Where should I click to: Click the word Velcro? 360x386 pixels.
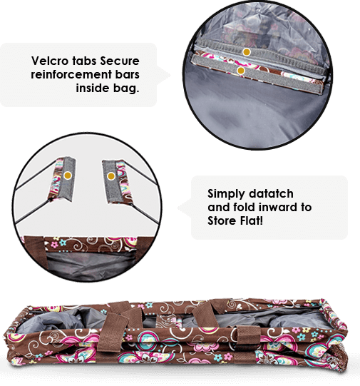[50, 61]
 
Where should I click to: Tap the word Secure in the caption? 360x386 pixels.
[120, 61]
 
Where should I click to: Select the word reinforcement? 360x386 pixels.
[71, 74]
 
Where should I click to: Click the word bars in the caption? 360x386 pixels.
[128, 74]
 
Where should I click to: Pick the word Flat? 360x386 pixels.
[252, 220]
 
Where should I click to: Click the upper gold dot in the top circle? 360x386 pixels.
[247, 52]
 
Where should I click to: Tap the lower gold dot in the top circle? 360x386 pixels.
[241, 71]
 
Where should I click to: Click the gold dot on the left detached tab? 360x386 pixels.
[68, 176]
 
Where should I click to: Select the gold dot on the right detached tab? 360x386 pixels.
[111, 176]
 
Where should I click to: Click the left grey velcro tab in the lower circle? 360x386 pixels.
[66, 178]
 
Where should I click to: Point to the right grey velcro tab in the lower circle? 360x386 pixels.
[111, 182]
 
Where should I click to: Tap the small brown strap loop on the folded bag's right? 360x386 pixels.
[248, 337]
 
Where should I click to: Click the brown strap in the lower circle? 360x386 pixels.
[35, 250]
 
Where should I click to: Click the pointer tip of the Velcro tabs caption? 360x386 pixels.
[170, 75]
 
